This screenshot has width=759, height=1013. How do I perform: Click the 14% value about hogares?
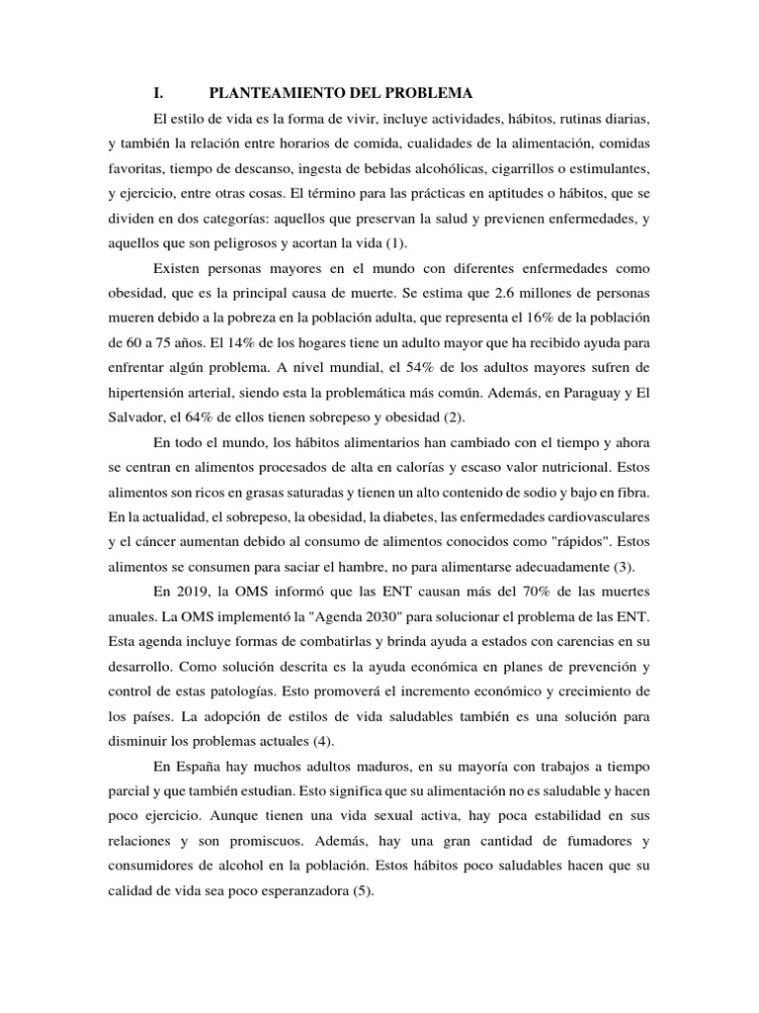click(246, 345)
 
